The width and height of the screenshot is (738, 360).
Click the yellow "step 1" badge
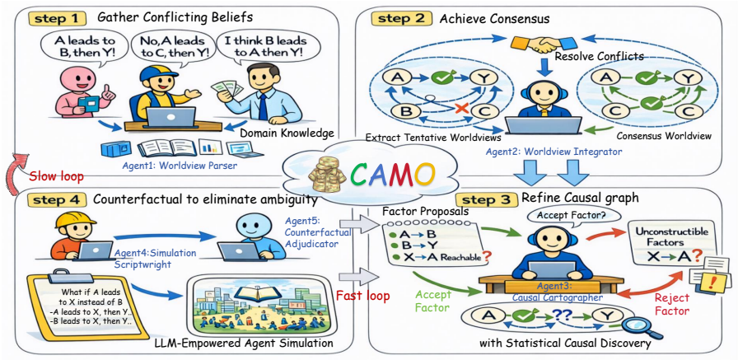(58, 19)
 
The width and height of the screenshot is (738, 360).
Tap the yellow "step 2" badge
(400, 19)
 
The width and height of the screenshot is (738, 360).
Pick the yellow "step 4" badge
(58, 199)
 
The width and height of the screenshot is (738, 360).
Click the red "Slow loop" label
(56, 176)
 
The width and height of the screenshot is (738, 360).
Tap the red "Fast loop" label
(363, 297)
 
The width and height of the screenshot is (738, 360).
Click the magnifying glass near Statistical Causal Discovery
(635, 325)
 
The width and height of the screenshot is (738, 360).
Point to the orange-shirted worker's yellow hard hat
(71, 221)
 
